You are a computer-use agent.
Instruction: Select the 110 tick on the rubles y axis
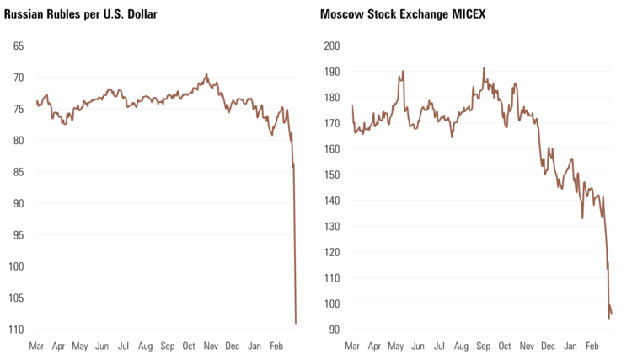15,329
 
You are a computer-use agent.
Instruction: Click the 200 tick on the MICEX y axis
332,46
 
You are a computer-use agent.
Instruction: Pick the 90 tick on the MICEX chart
335,329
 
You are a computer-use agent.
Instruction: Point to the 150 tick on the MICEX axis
332,175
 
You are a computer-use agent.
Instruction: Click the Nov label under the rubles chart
211,346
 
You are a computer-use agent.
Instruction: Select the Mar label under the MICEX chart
352,346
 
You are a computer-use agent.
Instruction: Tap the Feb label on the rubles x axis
276,346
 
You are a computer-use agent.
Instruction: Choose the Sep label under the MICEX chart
483,346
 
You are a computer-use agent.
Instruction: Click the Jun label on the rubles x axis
102,346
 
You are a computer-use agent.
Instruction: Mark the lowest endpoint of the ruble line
296,323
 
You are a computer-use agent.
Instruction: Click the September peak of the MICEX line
484,67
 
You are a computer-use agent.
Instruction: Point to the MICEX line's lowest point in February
608,318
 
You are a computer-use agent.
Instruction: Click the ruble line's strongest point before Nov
207,74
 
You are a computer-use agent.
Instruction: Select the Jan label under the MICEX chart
570,346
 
